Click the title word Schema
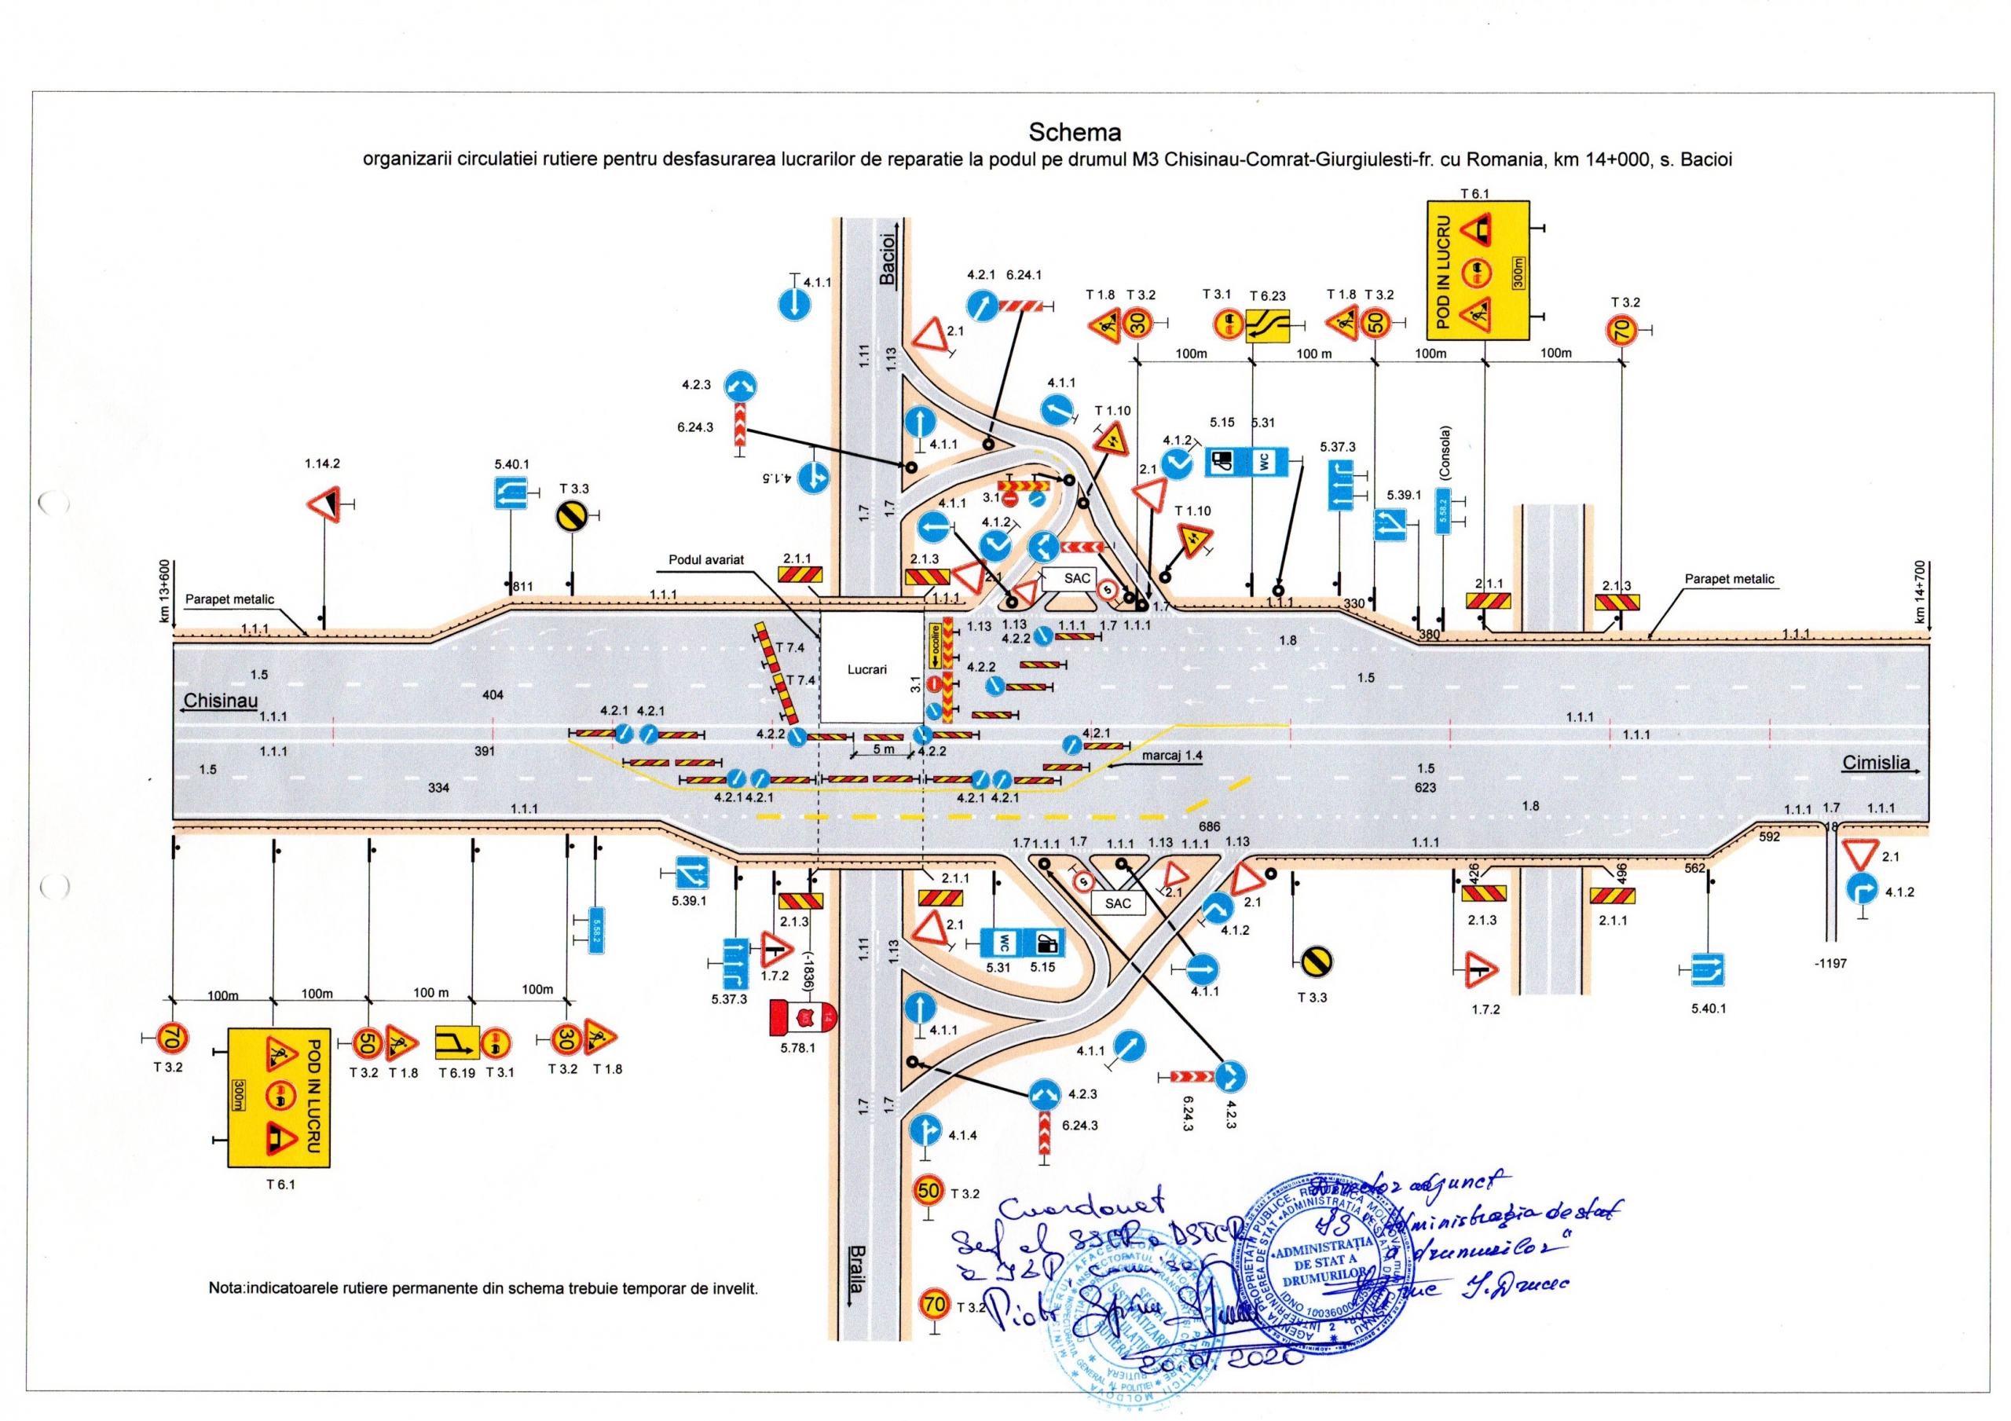pyautogui.click(x=1074, y=132)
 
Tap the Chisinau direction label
pyautogui.click(x=220, y=701)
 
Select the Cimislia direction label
pyautogui.click(x=1875, y=762)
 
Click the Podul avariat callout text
pyautogui.click(x=706, y=560)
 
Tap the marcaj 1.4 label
pyautogui.click(x=1172, y=755)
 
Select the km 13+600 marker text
pyautogui.click(x=164, y=591)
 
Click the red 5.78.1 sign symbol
pyautogui.click(x=802, y=1016)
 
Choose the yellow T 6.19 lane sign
pyautogui.click(x=456, y=1042)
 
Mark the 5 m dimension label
pyautogui.click(x=883, y=750)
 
